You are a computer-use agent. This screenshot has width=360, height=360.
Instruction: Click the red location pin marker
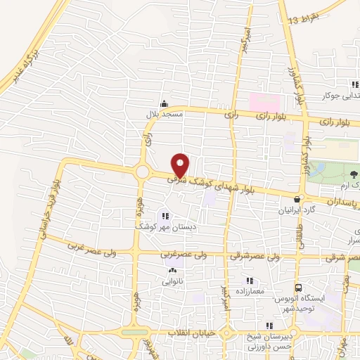point(181,165)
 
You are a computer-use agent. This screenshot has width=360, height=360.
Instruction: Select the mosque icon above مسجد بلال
point(165,103)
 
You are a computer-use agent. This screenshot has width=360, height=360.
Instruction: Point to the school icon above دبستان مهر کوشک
point(165,216)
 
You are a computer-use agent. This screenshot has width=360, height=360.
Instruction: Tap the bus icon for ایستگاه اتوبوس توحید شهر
point(299,288)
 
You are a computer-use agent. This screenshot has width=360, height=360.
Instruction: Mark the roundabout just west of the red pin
point(143,172)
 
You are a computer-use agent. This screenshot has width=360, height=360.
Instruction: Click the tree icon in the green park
point(354,173)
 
